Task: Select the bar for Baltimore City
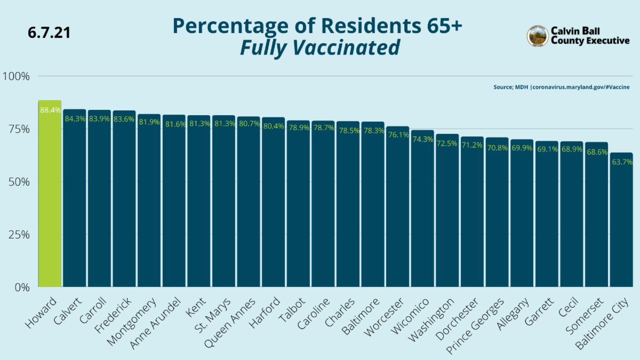point(621,224)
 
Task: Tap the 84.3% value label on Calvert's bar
point(75,118)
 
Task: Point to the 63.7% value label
point(621,162)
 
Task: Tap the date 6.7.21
point(49,33)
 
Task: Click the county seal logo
point(537,36)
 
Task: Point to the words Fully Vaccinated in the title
point(319,48)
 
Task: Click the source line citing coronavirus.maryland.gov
point(561,87)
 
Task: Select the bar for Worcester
point(397,213)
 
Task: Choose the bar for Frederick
point(124,203)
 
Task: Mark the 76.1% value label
point(397,135)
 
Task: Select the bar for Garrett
point(546,219)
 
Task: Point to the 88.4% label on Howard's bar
point(50,110)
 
